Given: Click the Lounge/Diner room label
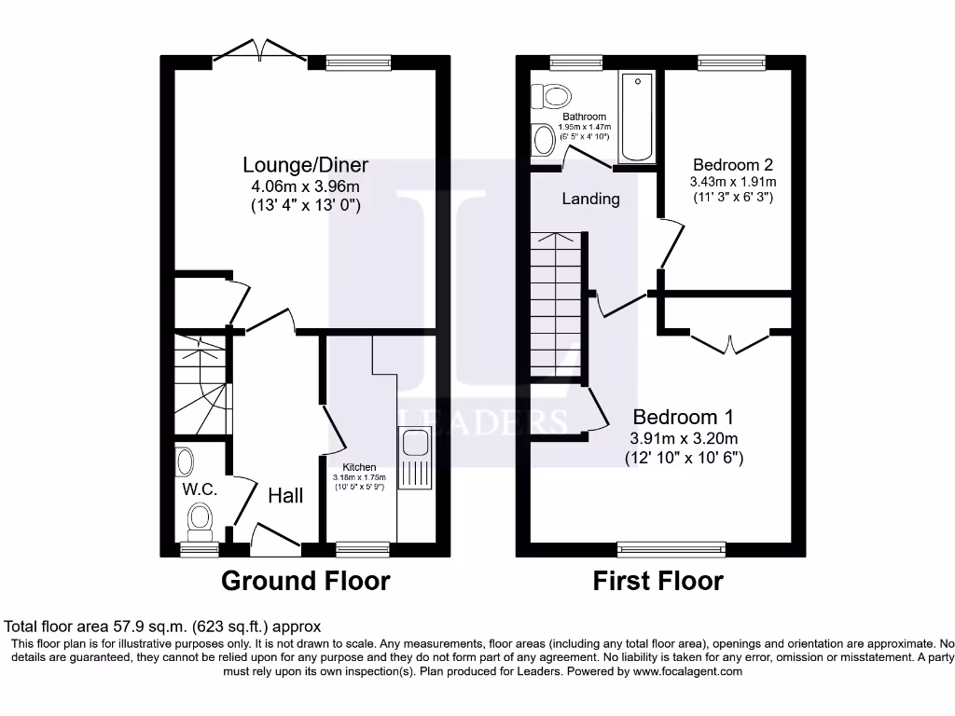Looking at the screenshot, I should [305, 165].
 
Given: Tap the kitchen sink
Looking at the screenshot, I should [413, 457].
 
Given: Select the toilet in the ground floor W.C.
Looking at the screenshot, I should [200, 520].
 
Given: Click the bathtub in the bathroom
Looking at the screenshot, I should [637, 117].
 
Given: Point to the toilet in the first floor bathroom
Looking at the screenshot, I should [554, 96].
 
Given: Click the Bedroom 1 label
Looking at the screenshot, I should [684, 417].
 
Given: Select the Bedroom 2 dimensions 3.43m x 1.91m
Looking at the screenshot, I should [733, 182].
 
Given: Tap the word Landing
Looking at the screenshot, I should [590, 199].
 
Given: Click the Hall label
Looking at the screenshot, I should [285, 496].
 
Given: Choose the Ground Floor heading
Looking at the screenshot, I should [305, 581].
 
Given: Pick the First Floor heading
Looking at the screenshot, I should [657, 581].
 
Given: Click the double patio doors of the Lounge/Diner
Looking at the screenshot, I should [260, 54].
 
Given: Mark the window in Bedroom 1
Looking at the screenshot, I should [671, 549].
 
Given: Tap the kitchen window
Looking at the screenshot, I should [363, 549].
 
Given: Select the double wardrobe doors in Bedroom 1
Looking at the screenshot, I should [731, 341].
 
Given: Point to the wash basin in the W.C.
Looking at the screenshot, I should [185, 461].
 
